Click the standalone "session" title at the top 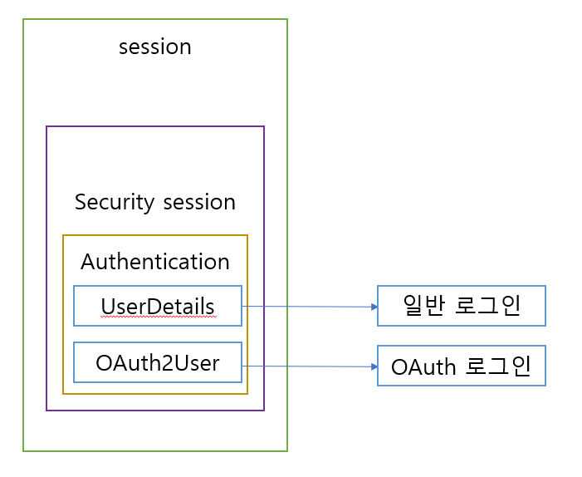[x=155, y=47]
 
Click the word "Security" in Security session [x=115, y=202]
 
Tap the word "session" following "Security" [x=198, y=202]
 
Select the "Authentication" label [x=155, y=262]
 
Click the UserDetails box [x=158, y=306]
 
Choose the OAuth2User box [x=158, y=362]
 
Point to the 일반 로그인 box [x=462, y=306]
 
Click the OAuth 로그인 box [x=462, y=366]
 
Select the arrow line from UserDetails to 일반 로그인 [x=307, y=307]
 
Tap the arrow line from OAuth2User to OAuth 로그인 [x=307, y=366]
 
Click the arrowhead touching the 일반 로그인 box [x=374, y=307]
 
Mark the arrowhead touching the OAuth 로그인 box [x=374, y=366]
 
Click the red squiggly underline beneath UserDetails [x=158, y=317]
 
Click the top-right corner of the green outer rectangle [x=287, y=19]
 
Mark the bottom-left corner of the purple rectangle [x=46, y=411]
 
